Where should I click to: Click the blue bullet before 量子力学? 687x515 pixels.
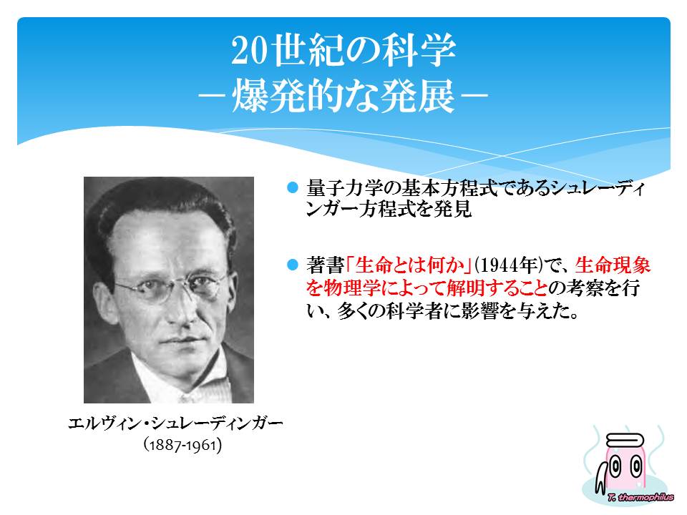click(292, 187)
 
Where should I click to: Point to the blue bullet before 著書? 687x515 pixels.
click(292, 265)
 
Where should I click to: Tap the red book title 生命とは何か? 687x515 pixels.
click(409, 265)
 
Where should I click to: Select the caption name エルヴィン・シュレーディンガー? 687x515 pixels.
click(175, 423)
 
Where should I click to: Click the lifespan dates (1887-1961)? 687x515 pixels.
click(182, 445)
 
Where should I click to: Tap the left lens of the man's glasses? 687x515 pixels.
click(145, 290)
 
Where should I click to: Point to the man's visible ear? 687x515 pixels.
click(104, 302)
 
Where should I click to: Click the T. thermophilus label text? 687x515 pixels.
click(640, 496)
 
